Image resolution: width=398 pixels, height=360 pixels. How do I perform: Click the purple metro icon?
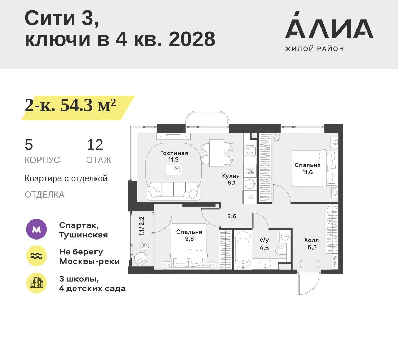[36, 229]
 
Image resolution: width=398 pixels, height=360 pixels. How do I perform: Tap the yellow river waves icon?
[36, 256]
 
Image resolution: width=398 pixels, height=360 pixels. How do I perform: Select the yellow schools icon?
[36, 283]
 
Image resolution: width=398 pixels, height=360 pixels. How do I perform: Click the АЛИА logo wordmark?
[329, 25]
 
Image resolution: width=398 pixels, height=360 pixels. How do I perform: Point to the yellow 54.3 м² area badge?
[78, 108]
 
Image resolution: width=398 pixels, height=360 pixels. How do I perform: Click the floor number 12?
[95, 145]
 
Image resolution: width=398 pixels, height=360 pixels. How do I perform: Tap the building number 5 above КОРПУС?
[29, 145]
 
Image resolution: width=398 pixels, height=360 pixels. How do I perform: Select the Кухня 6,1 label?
[231, 179]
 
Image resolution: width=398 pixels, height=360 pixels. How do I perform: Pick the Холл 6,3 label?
[311, 244]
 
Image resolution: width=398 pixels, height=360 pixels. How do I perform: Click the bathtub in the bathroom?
[243, 250]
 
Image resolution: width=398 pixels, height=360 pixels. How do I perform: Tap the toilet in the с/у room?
[281, 251]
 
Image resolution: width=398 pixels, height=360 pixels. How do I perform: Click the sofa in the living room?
[174, 191]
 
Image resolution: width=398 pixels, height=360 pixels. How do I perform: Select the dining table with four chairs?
[217, 153]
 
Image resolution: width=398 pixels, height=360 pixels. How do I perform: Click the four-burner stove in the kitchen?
[250, 151]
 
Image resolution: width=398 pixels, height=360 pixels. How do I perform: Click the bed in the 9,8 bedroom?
[189, 246]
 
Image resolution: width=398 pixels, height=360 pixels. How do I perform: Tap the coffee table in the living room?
[174, 170]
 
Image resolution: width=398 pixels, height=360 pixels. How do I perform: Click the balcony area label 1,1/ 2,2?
[142, 226]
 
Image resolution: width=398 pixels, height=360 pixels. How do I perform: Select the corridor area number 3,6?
[232, 216]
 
